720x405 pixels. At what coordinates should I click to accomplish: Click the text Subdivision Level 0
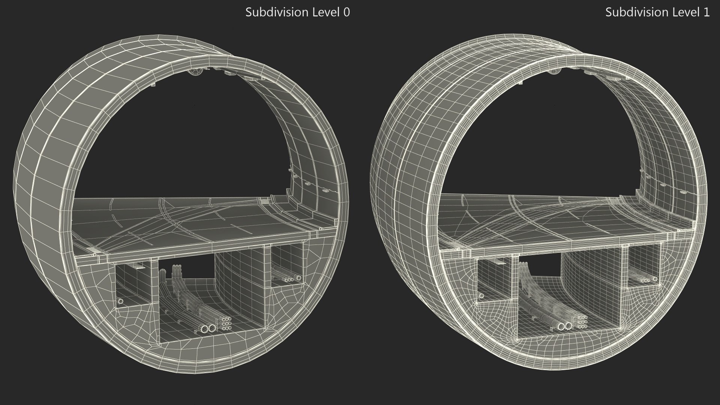(x=297, y=12)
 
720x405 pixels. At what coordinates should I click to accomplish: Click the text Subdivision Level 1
(x=657, y=12)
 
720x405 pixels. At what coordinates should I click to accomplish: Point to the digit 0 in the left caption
(x=346, y=12)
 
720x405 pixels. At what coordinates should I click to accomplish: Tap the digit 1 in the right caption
(x=706, y=12)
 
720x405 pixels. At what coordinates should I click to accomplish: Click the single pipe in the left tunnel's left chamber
(x=120, y=301)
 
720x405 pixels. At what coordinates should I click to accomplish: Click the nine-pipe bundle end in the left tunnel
(x=226, y=323)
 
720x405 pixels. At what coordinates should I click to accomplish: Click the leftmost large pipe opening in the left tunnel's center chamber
(x=205, y=329)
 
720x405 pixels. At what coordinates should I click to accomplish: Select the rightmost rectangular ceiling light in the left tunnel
(x=248, y=78)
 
